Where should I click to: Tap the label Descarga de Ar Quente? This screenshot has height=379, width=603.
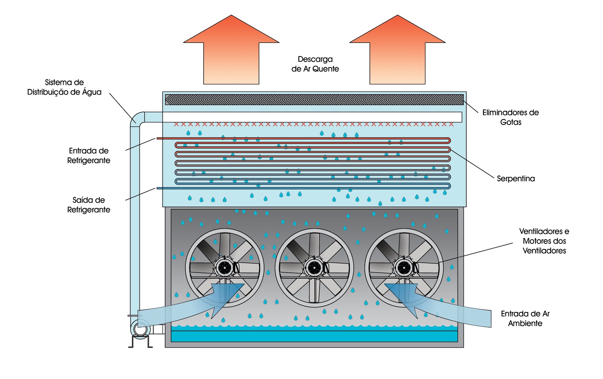[x=315, y=64]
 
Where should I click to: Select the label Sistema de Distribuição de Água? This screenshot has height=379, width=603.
[x=64, y=87]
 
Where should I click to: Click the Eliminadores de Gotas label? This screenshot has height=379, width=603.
[x=510, y=117]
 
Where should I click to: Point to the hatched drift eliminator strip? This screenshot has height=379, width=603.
[x=314, y=99]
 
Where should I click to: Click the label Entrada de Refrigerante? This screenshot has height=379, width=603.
[x=89, y=156]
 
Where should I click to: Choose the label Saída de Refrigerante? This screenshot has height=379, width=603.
[x=89, y=205]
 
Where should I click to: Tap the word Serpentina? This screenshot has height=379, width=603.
[x=516, y=179]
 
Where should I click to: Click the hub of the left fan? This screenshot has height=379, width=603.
[x=225, y=267]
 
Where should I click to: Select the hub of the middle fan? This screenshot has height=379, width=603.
[x=314, y=267]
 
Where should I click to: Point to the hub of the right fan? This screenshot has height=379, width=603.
[x=404, y=267]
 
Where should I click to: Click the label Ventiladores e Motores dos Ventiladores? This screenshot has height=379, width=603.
[x=544, y=241]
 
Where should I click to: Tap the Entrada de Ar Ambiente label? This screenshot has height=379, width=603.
[x=525, y=318]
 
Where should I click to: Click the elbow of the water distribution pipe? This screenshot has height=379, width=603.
[x=137, y=118]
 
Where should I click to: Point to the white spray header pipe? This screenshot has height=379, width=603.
[x=312, y=117]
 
